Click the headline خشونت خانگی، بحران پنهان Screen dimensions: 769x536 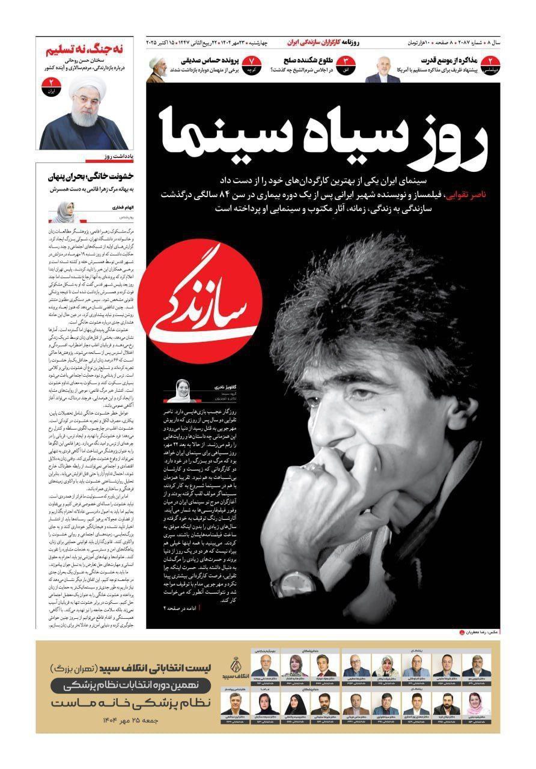click(x=91, y=177)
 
